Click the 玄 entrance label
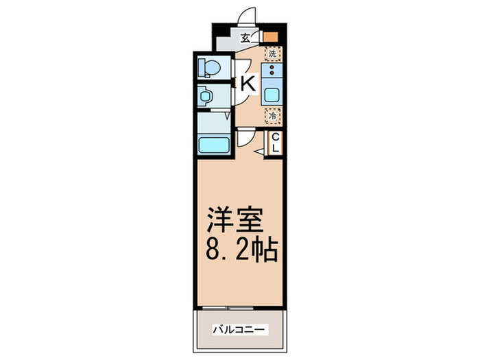coord(244,38)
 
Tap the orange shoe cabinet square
coord(272,38)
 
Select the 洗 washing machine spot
coord(272,53)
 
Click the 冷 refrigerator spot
coord(272,117)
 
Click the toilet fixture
coord(208,68)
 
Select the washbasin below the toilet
coord(204,96)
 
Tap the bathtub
coord(214,145)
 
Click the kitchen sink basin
coord(272,95)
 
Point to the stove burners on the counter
coord(272,71)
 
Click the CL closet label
coord(276,143)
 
